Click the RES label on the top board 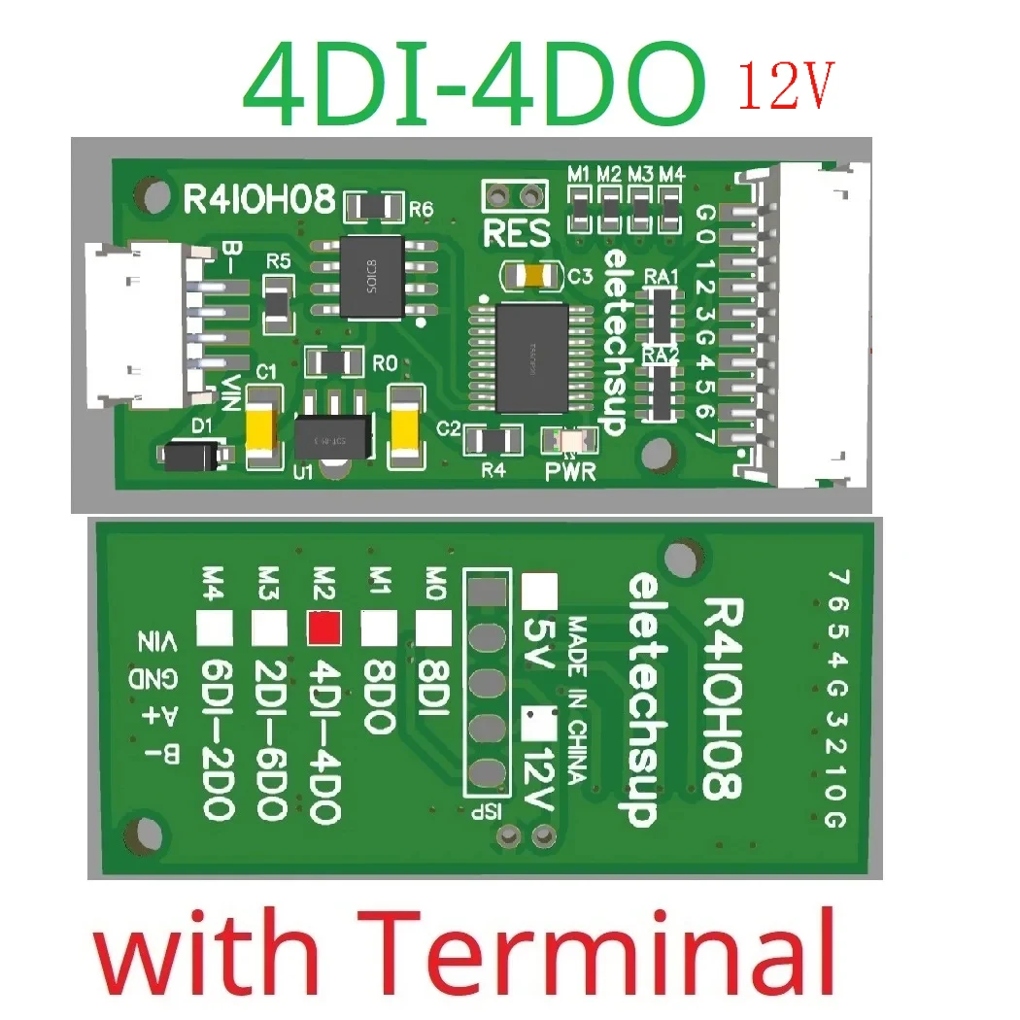[516, 234]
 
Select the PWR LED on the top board [569, 443]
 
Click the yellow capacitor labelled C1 [263, 425]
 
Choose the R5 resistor [278, 298]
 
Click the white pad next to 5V [540, 588]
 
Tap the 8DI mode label [431, 690]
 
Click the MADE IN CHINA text [575, 698]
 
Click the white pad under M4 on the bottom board [215, 629]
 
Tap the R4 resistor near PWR [493, 442]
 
